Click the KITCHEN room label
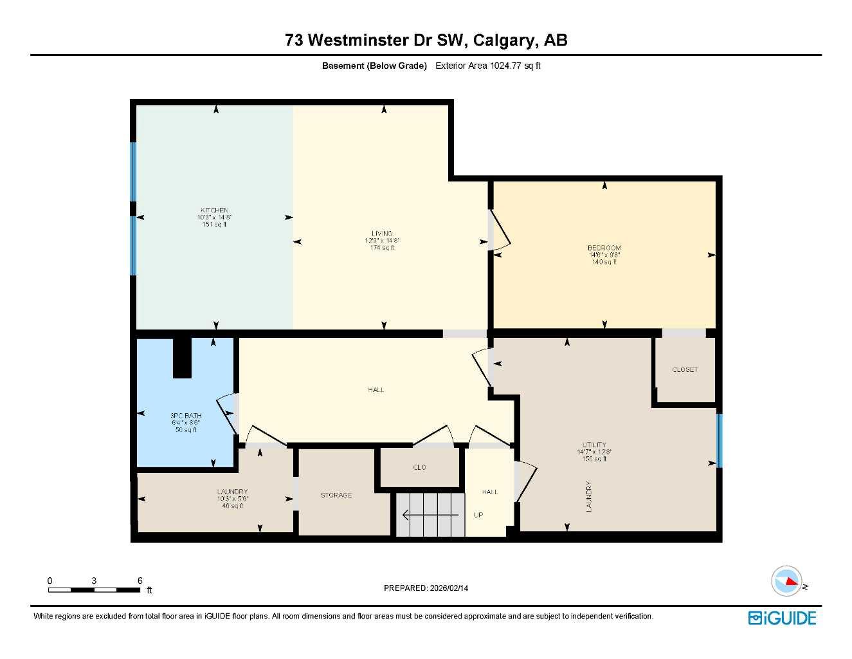214,210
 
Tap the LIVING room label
382,234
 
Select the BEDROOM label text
604,248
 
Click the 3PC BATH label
186,416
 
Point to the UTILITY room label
594,445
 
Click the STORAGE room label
336,495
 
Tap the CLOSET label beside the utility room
685,369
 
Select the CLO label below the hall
419,467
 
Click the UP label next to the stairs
478,515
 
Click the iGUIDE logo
783,618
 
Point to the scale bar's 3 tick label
94,580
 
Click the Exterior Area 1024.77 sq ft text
488,66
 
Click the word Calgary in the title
504,40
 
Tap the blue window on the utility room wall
720,441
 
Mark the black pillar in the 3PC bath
183,358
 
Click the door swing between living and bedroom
500,230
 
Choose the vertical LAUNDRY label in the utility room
588,496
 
